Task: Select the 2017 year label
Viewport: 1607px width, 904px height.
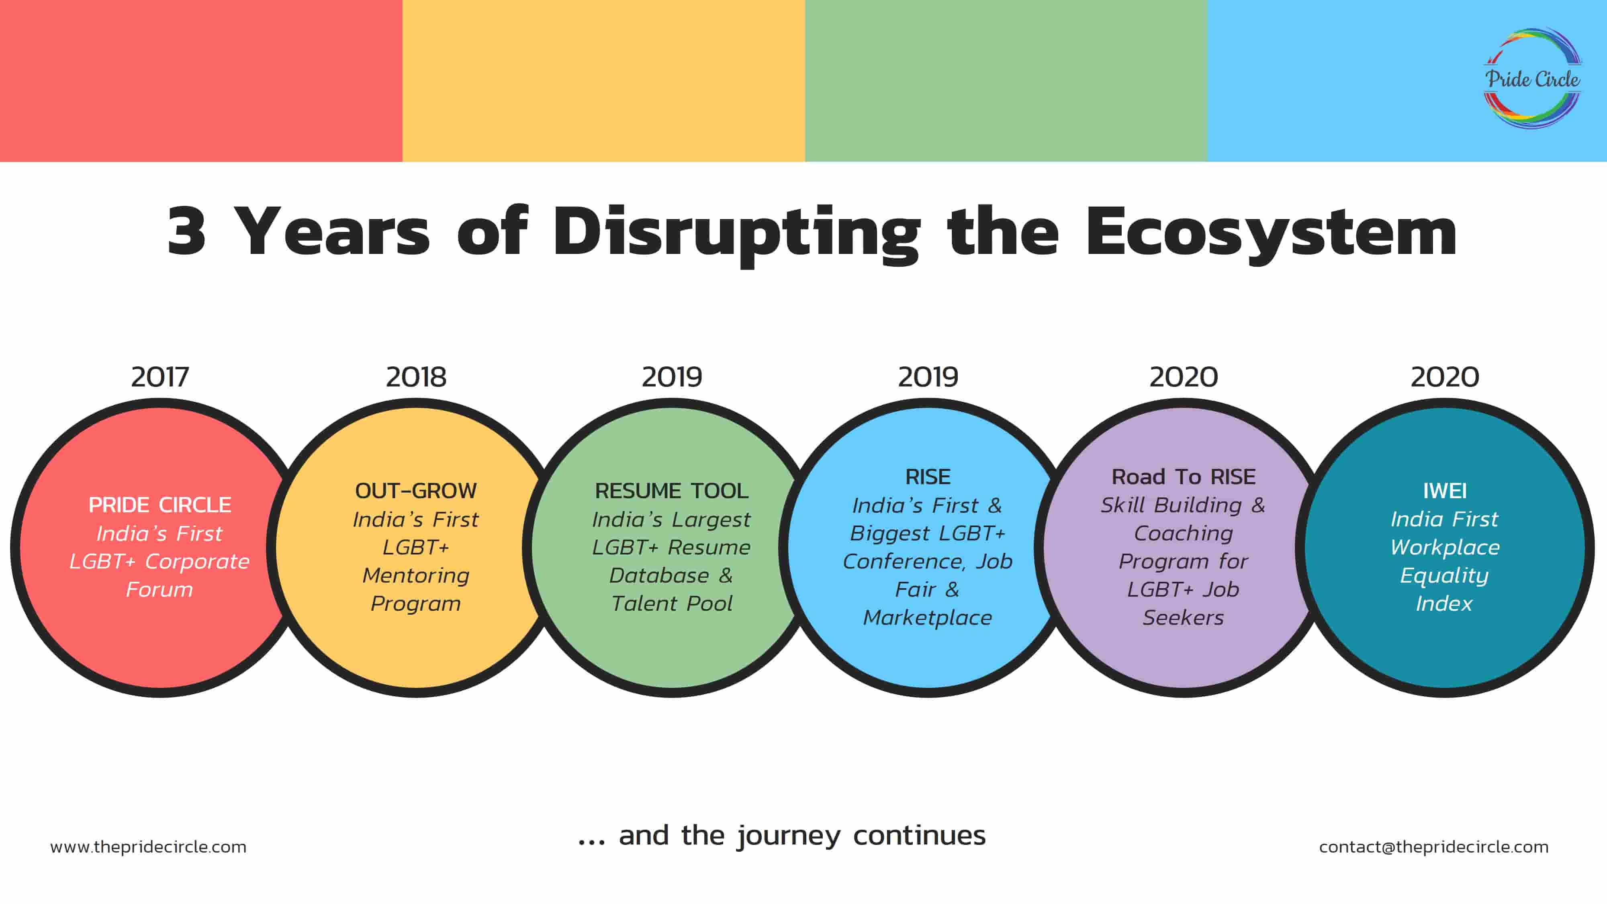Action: [160, 377]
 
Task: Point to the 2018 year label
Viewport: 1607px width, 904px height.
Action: [416, 377]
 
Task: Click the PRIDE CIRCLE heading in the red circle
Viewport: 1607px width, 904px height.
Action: [160, 505]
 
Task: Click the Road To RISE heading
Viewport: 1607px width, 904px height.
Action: [1184, 477]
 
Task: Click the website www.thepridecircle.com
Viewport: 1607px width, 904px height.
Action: [149, 847]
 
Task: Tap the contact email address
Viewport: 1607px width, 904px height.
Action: [1433, 847]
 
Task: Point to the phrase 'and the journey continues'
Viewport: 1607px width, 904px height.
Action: [802, 835]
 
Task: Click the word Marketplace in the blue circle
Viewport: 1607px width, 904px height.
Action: [928, 618]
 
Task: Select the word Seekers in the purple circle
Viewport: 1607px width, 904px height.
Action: [1184, 618]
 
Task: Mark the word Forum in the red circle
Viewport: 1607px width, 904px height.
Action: [160, 589]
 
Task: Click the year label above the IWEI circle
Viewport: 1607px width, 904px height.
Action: [1445, 377]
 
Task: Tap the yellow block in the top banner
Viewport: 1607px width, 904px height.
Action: [604, 80]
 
